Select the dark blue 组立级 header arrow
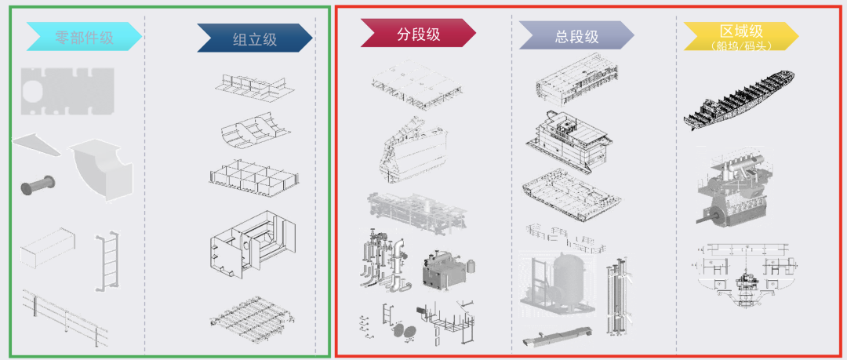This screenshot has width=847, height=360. tap(254, 38)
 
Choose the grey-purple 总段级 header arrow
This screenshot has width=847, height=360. tap(576, 36)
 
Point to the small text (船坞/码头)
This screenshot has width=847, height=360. tap(740, 45)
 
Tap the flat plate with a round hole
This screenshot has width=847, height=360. tap(67, 88)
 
